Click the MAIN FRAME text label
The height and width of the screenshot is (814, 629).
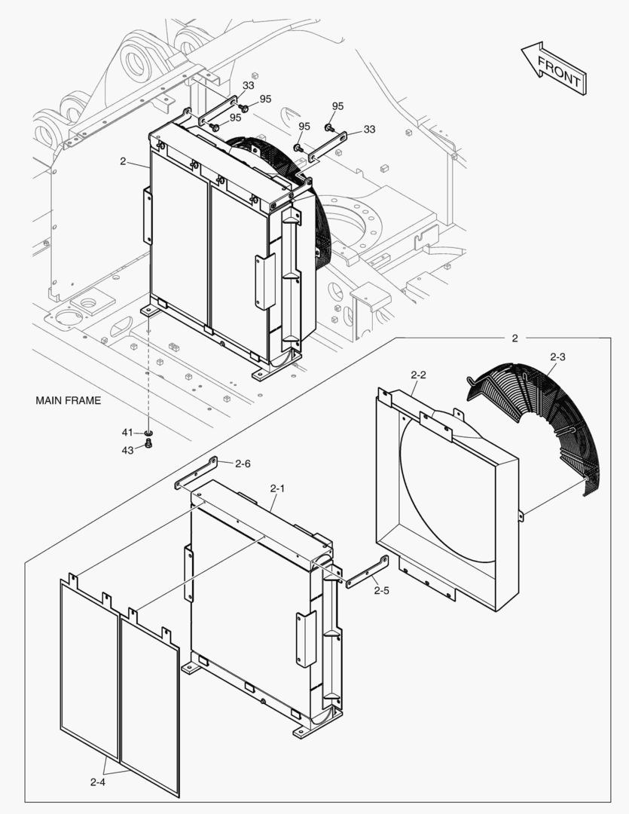pos(68,400)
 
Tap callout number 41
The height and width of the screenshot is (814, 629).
pos(127,432)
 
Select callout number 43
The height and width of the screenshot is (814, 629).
pos(127,450)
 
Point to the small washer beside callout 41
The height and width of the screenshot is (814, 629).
pos(148,433)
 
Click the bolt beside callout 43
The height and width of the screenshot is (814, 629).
pos(148,445)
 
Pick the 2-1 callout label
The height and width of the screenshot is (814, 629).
pos(277,488)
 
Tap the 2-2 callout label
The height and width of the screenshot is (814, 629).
pos(419,375)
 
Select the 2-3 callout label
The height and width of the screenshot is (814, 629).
pos(558,355)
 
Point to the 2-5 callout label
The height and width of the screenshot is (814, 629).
pos(381,590)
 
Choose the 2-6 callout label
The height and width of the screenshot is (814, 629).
pos(243,464)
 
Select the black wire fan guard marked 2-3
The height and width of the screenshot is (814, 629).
pos(542,422)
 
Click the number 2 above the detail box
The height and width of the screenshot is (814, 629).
pos(514,338)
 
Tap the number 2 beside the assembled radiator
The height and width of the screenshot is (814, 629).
pos(122,161)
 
